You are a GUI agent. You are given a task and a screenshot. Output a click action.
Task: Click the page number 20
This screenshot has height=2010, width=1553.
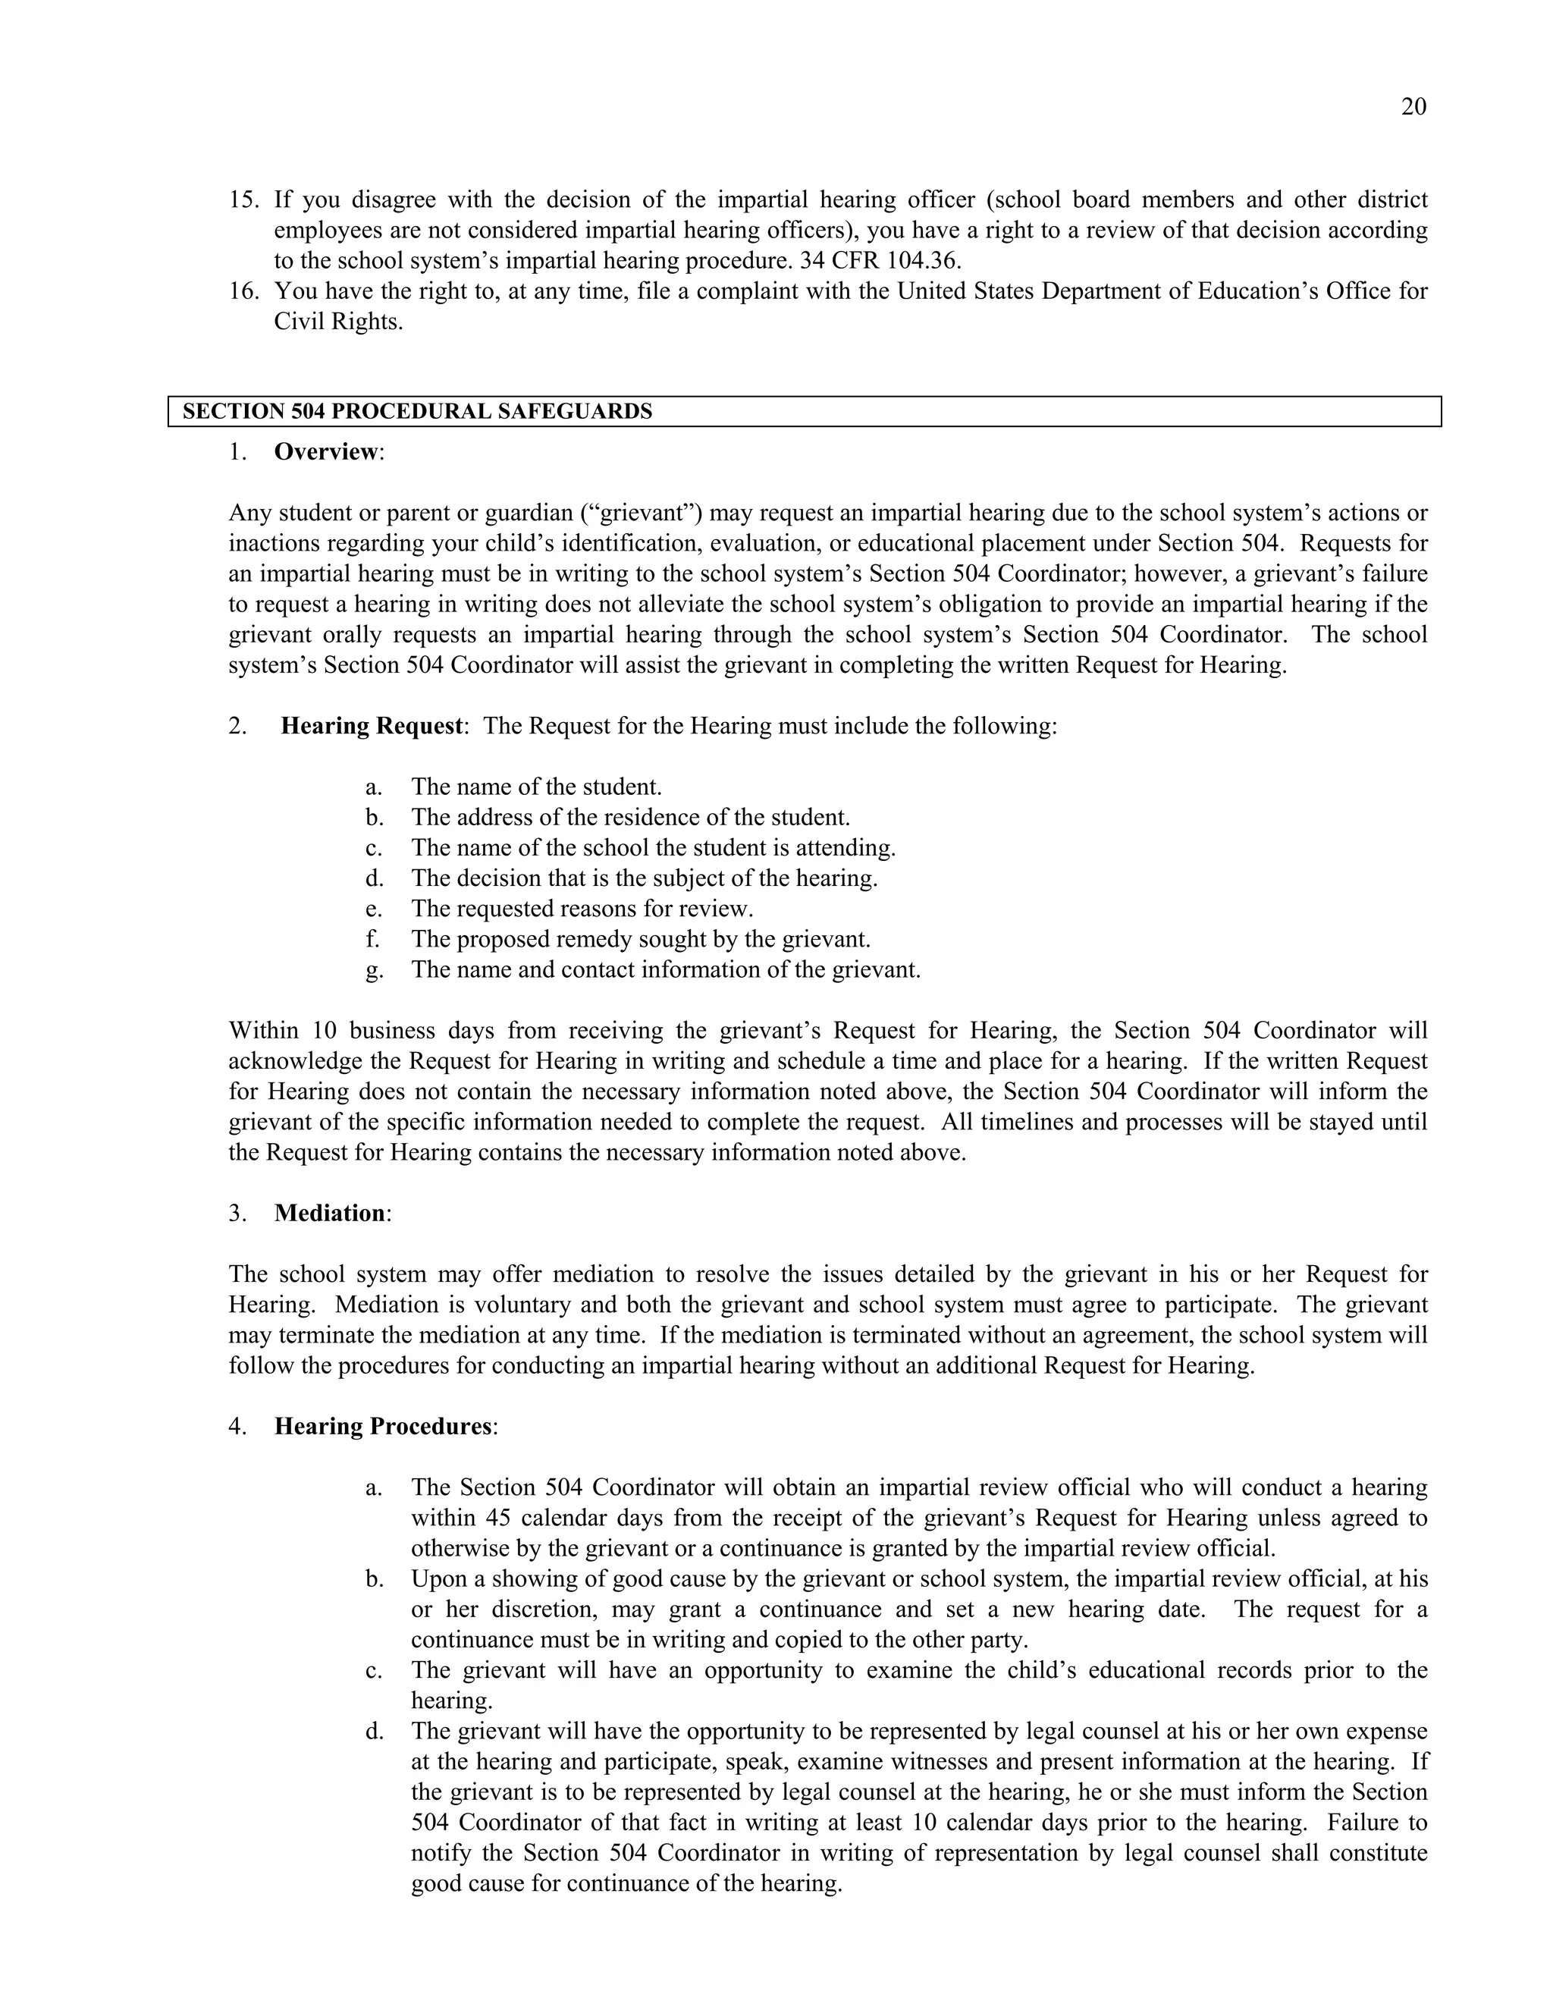(x=1413, y=108)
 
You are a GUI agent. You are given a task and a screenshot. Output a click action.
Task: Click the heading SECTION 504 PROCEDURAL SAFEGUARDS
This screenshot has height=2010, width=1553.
(x=417, y=411)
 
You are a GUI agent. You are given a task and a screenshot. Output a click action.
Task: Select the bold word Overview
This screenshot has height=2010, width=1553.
(x=325, y=452)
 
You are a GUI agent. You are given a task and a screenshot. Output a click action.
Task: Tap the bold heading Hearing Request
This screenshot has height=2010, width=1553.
(x=371, y=726)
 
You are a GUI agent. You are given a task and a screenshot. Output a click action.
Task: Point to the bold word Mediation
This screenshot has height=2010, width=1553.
(x=329, y=1213)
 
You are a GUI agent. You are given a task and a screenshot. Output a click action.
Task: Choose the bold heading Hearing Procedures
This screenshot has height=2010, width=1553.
(x=384, y=1427)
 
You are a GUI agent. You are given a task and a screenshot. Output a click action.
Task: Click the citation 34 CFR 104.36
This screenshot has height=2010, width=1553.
(x=880, y=260)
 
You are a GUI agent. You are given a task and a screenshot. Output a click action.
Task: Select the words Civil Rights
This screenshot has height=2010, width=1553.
(x=337, y=322)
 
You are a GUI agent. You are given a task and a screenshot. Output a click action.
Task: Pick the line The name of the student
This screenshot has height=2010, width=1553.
(x=535, y=787)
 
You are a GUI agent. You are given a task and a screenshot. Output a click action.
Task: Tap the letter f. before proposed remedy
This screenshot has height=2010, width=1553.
(x=372, y=940)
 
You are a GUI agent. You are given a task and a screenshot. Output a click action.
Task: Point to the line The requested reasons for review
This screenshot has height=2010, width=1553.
(x=582, y=909)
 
